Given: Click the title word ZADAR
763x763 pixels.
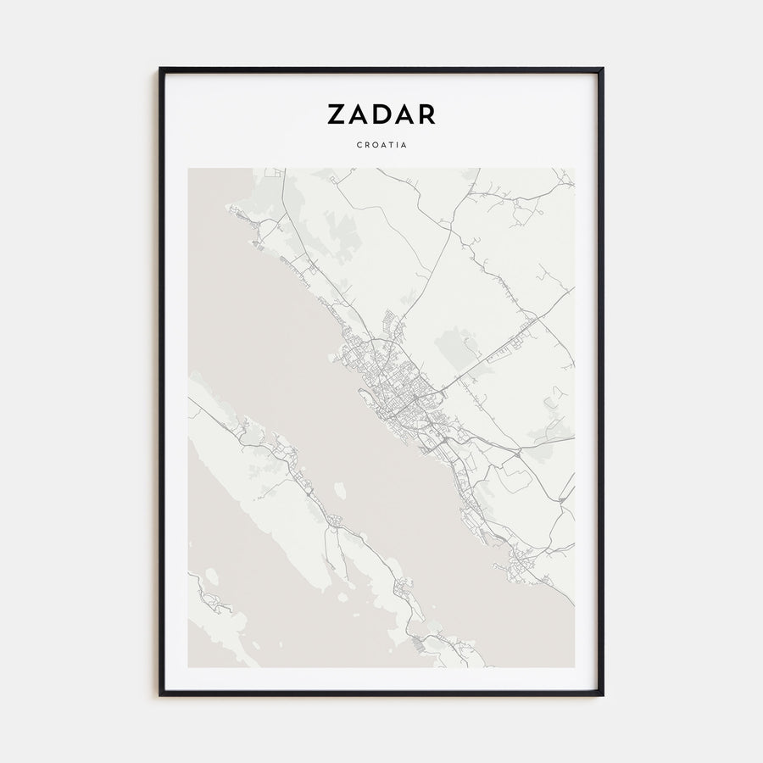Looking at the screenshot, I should pos(381,114).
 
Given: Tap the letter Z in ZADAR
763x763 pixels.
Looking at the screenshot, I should pos(335,114).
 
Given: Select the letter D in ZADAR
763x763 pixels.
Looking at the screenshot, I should pos(381,114).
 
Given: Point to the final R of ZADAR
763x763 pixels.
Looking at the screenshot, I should pos(426,114).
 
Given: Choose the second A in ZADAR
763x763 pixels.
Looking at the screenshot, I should pos(404,114).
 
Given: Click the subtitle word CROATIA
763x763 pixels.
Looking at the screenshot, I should pos(381,144).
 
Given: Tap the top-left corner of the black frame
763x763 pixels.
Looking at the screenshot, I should pos(160,69).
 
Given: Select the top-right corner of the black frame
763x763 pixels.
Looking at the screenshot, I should pos(603,69).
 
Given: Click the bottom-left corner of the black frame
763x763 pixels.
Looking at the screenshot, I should pos(160,695).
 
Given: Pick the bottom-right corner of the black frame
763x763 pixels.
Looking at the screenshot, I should pos(603,695).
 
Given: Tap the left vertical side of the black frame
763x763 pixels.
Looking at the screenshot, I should pos(160,381).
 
